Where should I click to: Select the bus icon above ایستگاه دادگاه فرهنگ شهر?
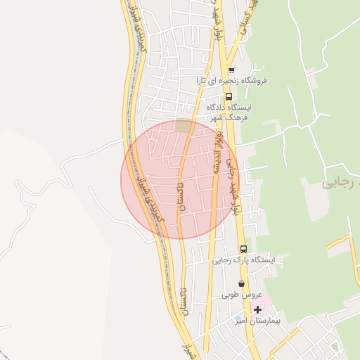tap(227, 96)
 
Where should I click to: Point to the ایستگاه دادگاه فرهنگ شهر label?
tap(229, 112)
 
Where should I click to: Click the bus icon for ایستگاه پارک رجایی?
tap(244, 249)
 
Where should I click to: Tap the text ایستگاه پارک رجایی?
tap(244, 260)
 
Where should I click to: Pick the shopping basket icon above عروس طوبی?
tap(242, 284)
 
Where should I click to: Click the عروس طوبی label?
tap(242, 295)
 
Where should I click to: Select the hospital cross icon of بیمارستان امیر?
tap(258, 309)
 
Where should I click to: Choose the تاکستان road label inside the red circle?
tap(181, 195)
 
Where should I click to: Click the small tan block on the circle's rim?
tap(184, 126)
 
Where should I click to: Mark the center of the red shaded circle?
tap(180, 179)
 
